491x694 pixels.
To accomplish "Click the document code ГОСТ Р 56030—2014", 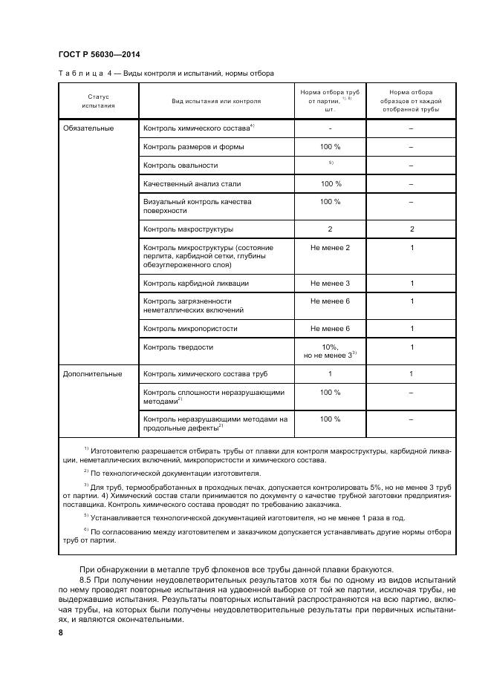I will tap(98, 55).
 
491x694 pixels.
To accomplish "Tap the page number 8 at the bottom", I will tap(61, 632).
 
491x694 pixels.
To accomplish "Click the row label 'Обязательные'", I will tap(88, 128).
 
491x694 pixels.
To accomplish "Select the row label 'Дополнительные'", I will tap(92, 373).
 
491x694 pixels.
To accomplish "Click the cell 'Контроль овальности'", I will tap(181, 165).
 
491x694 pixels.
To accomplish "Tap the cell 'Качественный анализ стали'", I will tap(192, 183).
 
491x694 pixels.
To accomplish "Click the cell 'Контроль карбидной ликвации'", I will tap(195, 283).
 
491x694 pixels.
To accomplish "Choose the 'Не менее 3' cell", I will tap(330, 283).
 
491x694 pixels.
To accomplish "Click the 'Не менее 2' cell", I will tap(330, 247).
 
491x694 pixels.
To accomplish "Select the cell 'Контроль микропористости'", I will tap(189, 328).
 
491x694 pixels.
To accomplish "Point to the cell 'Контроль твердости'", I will tap(178, 347).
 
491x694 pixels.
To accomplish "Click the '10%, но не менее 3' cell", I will tap(330, 351).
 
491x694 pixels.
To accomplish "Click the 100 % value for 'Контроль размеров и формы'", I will tap(330, 146).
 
